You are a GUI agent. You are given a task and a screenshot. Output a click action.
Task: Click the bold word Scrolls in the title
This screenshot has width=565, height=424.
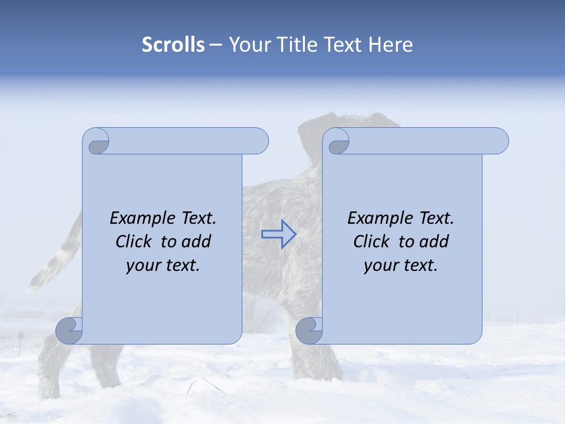tap(173, 45)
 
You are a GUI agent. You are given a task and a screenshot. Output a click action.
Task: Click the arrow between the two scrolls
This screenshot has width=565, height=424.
tap(278, 234)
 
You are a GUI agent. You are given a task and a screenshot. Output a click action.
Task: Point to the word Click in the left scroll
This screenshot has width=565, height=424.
tap(137, 241)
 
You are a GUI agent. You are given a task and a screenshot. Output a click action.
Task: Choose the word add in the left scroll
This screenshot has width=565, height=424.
tap(197, 241)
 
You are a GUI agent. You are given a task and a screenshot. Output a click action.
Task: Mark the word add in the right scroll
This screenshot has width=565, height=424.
tap(434, 241)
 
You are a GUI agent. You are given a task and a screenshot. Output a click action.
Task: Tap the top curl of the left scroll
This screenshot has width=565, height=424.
tap(97, 141)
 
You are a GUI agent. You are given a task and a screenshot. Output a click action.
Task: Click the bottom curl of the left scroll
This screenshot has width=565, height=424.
tap(69, 331)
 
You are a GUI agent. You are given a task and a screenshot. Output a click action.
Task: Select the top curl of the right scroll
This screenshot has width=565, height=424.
tap(338, 141)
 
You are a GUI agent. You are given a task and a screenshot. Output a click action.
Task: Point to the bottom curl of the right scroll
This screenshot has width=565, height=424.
tap(309, 331)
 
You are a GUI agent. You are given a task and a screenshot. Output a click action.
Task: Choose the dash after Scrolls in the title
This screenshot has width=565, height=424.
tap(215, 45)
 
